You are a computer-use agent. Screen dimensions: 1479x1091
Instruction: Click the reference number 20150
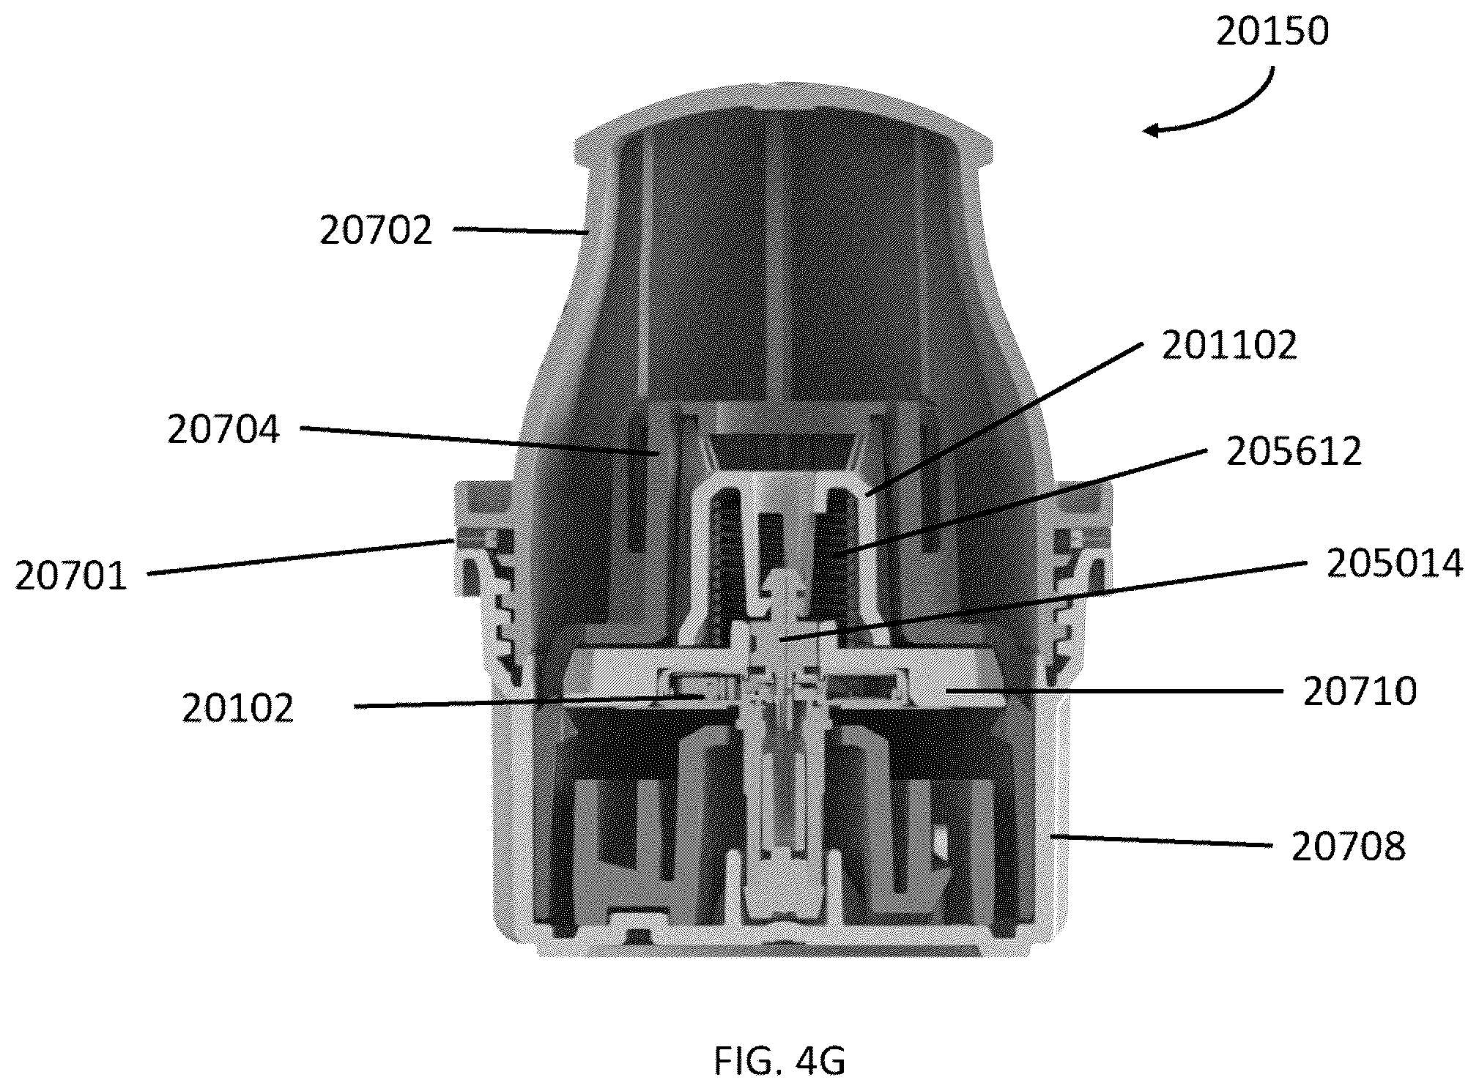[x=1272, y=32]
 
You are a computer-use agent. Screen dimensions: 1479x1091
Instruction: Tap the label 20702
[x=376, y=231]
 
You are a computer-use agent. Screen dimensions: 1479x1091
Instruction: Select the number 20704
[x=223, y=429]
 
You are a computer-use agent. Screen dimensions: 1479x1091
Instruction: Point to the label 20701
[x=71, y=576]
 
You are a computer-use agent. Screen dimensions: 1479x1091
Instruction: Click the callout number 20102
[x=237, y=708]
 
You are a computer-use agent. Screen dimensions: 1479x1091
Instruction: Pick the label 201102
[x=1229, y=344]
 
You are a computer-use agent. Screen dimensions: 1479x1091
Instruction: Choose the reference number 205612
[x=1294, y=452]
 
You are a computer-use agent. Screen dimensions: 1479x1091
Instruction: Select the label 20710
[x=1360, y=691]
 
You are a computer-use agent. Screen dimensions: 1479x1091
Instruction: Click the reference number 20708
[x=1348, y=846]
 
